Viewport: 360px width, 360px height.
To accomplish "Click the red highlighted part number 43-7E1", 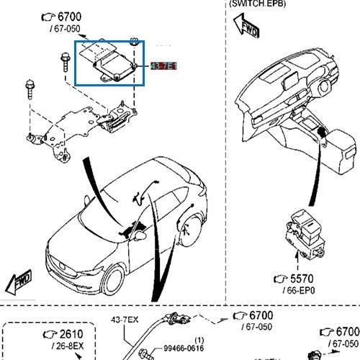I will click(x=163, y=66).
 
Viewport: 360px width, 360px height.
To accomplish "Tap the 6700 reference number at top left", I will click(x=70, y=16).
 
